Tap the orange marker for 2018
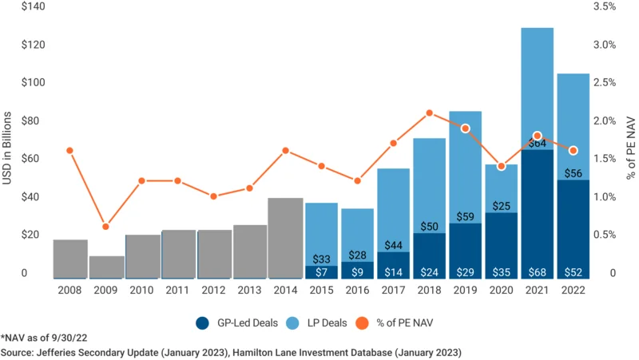pyautogui.click(x=430, y=113)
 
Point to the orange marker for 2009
pyautogui.click(x=105, y=227)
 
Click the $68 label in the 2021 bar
pyautogui.click(x=538, y=271)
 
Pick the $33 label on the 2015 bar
pyautogui.click(x=321, y=259)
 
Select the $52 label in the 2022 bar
pyautogui.click(x=574, y=271)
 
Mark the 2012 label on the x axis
pyautogui.click(x=214, y=291)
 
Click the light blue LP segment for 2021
pyautogui.click(x=538, y=88)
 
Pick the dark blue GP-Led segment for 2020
pyautogui.click(x=502, y=239)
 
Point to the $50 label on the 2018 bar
pyautogui.click(x=430, y=227)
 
